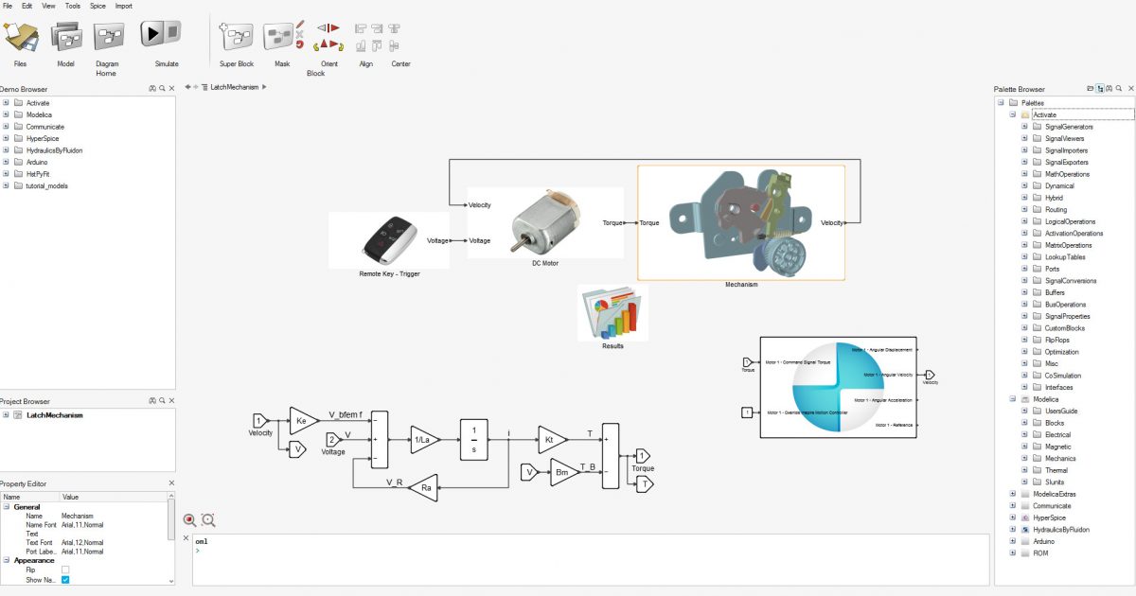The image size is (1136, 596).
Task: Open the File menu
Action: click(8, 6)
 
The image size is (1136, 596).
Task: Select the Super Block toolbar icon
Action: click(236, 36)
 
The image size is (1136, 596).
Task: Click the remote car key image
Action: click(388, 240)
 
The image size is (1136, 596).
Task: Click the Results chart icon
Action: click(612, 313)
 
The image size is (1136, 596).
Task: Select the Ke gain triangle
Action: click(302, 420)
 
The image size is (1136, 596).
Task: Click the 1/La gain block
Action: click(422, 439)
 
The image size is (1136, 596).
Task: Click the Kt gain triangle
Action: click(550, 439)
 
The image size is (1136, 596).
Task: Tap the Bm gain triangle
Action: click(562, 471)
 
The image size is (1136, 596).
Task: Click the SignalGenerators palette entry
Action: click(1069, 127)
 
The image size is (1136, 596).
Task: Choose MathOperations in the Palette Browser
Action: click(1067, 174)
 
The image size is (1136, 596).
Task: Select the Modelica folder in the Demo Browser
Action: click(41, 114)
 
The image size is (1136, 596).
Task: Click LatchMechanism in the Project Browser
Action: click(54, 415)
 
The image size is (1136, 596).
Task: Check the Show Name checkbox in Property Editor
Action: click(65, 579)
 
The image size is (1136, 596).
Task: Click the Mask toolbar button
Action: click(281, 36)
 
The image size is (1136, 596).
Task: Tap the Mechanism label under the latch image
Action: click(741, 284)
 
